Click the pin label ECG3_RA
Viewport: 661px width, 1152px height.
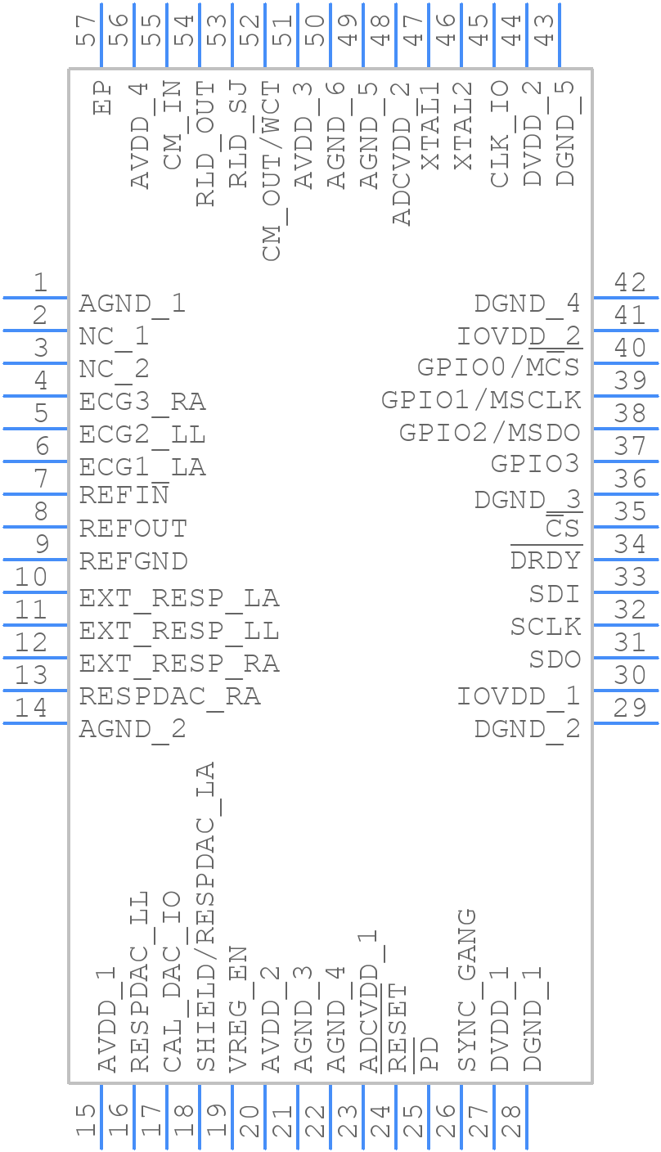click(x=142, y=402)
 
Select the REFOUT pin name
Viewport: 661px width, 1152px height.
click(x=133, y=529)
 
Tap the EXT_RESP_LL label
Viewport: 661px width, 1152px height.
click(x=179, y=631)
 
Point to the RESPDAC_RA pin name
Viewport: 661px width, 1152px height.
click(x=169, y=696)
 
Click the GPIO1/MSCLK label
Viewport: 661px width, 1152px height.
click(x=481, y=400)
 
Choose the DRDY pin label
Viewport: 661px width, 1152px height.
click(x=546, y=560)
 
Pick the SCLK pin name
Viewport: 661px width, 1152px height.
click(x=546, y=627)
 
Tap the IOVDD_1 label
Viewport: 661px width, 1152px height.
click(x=519, y=696)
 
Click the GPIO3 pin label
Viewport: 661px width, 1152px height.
click(x=535, y=464)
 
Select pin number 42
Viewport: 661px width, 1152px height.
click(x=630, y=283)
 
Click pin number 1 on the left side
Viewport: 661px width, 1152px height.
click(x=39, y=283)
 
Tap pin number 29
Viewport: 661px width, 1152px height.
click(x=630, y=708)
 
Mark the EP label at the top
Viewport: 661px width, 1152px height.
click(x=102, y=97)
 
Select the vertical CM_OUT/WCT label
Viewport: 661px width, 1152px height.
click(x=272, y=171)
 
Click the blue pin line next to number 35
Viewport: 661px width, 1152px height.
click(x=625, y=526)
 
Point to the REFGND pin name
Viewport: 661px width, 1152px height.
click(x=133, y=561)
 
